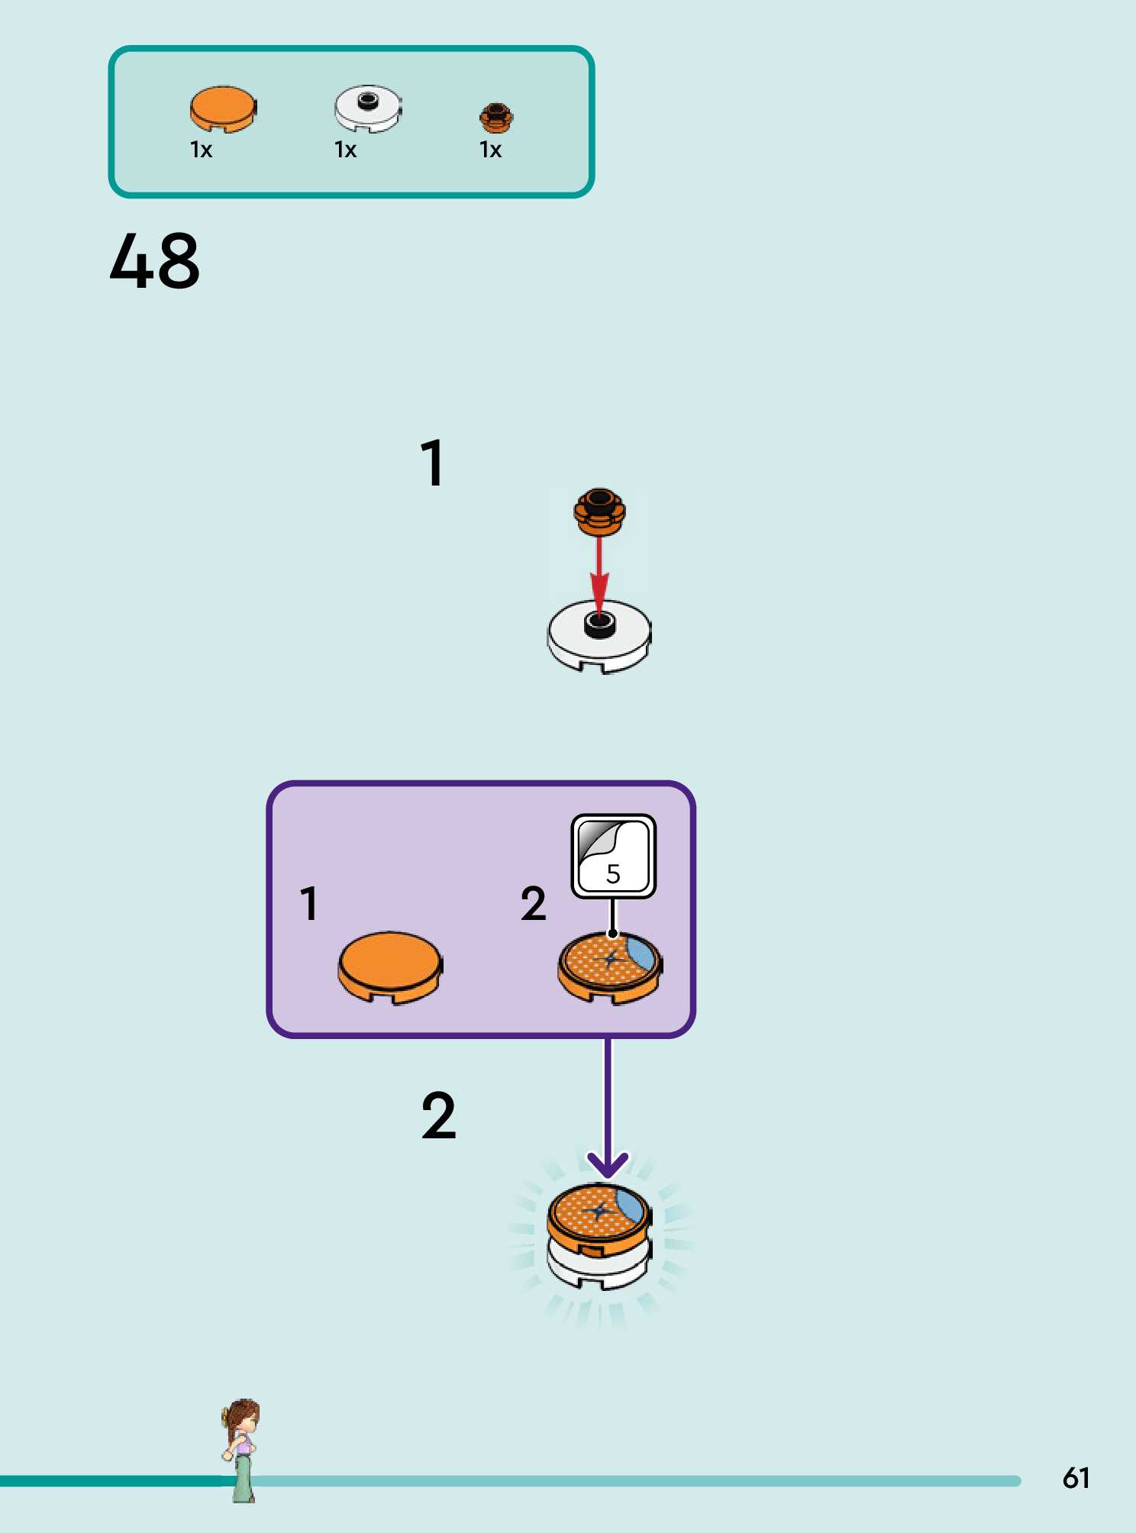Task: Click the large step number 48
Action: coord(155,262)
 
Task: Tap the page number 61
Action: coord(1076,1478)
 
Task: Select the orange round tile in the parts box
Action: coord(223,108)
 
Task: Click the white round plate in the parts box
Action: coord(368,108)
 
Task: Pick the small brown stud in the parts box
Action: coord(496,118)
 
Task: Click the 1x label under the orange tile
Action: coord(201,150)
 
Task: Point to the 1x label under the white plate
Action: coord(346,150)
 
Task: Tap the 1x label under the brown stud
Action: coord(491,150)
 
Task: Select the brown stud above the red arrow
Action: coord(600,510)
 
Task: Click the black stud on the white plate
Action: coord(600,624)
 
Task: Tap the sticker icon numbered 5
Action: coord(614,856)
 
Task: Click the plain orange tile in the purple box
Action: coord(390,965)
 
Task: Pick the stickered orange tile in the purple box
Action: coord(610,967)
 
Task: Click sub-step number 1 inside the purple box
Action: coord(309,904)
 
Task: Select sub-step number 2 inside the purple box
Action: coord(534,904)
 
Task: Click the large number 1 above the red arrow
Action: coord(433,463)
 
